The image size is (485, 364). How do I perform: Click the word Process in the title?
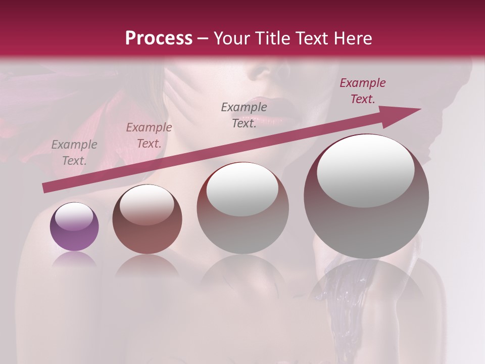(159, 38)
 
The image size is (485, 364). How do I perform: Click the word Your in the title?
(233, 38)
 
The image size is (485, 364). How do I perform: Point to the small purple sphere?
(74, 226)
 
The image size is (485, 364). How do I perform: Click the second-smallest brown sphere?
(147, 219)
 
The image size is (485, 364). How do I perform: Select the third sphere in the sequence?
(243, 208)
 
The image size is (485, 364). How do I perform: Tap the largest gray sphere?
(366, 196)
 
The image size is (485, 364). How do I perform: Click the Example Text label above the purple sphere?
(74, 153)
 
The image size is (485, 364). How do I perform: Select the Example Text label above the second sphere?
(149, 135)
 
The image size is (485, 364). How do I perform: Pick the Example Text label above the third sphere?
(244, 115)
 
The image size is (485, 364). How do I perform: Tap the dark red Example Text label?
(363, 91)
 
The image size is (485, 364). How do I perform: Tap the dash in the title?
(203, 38)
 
